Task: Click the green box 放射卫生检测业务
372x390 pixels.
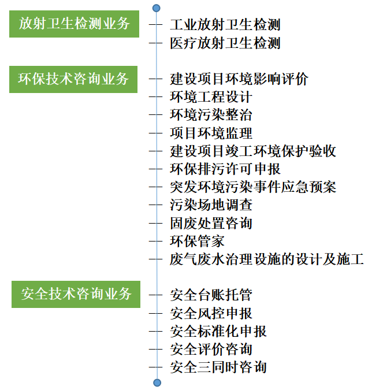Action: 74,24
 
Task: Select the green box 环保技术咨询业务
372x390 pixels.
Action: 73,79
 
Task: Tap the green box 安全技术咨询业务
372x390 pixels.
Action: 76,294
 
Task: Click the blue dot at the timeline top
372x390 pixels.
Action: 156,8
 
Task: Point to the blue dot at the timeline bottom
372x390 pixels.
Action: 157,382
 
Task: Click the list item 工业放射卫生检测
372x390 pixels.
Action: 225,25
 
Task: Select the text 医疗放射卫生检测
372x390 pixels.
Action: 225,43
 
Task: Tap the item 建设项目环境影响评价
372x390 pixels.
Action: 239,79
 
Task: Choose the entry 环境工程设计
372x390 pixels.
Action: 211,96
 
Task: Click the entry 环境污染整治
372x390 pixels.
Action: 211,114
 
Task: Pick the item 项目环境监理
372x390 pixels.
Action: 211,133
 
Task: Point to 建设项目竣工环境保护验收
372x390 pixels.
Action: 253,151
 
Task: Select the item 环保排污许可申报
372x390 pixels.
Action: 225,169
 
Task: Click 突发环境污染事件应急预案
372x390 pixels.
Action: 253,187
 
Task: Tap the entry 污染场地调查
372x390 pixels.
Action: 211,205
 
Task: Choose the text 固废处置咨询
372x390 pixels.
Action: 211,223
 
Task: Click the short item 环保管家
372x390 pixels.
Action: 197,241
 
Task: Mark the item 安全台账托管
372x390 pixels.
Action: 211,295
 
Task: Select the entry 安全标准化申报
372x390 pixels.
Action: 218,331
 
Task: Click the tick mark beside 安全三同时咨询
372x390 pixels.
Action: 155,367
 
